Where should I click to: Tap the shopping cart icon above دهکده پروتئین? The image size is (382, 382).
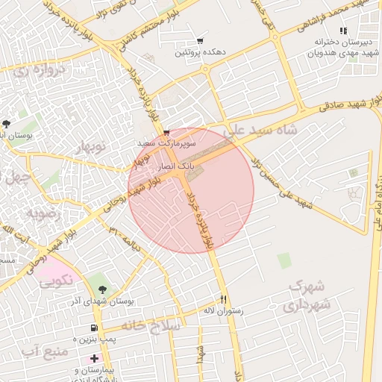coord(200,41)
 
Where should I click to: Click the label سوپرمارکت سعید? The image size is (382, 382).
coord(166,140)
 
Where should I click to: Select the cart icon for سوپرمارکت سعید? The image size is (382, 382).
coord(166,130)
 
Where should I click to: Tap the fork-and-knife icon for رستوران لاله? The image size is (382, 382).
coord(222,298)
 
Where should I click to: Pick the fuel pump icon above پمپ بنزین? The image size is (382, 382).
coord(93,328)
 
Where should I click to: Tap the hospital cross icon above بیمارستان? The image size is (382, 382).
coord(93,359)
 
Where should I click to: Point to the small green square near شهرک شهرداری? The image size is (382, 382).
coord(284,260)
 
